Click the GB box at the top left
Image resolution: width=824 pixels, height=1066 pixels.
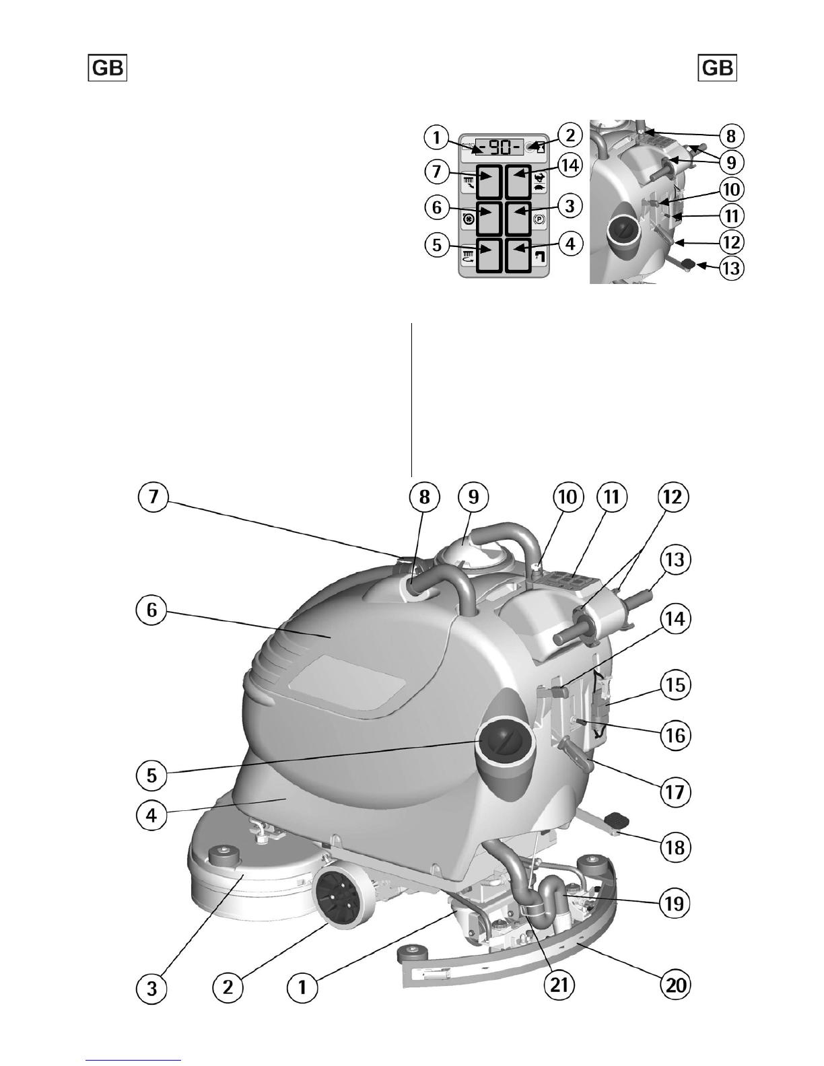click(x=108, y=68)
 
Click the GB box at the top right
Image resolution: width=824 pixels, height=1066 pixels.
click(x=717, y=68)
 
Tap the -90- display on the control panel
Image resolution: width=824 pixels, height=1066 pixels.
click(x=499, y=146)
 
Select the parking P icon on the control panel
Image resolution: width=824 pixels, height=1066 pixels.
click(x=539, y=220)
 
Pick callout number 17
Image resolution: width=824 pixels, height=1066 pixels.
click(x=675, y=791)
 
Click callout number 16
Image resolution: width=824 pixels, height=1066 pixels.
click(x=675, y=735)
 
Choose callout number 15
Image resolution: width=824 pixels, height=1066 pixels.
click(x=675, y=684)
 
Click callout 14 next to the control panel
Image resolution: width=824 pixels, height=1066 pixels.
click(x=570, y=166)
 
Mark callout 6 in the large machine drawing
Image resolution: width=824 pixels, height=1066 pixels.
click(x=151, y=610)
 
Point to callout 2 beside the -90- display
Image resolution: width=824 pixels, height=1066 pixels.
click(x=570, y=135)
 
